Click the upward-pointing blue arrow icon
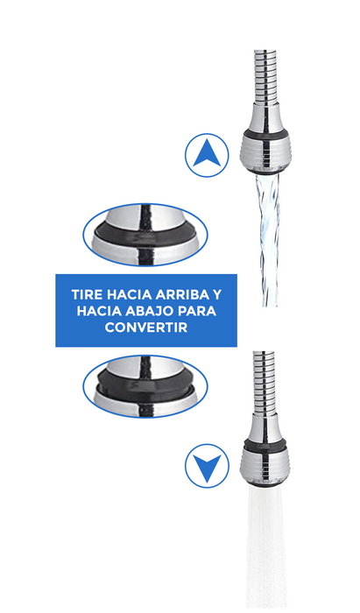pyautogui.click(x=207, y=156)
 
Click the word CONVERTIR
pyautogui.click(x=146, y=328)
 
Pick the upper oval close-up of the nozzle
pyautogui.click(x=145, y=234)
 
